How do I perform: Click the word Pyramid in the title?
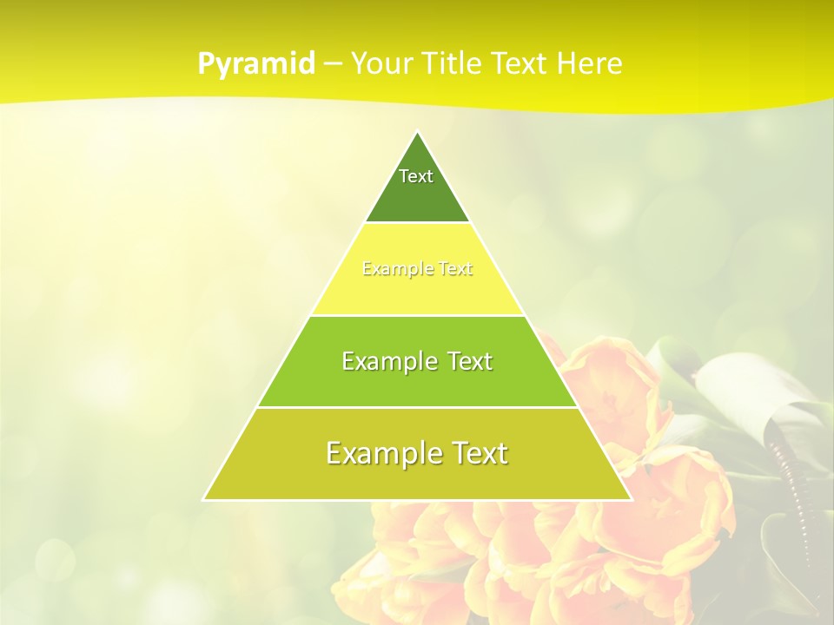[256, 63]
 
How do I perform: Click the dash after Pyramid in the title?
[333, 64]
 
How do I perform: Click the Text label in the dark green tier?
[416, 176]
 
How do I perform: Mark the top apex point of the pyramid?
[417, 132]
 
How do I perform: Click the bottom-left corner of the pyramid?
[204, 499]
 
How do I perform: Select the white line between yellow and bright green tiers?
[417, 315]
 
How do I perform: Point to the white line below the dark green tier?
[417, 223]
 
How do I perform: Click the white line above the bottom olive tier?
[417, 407]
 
